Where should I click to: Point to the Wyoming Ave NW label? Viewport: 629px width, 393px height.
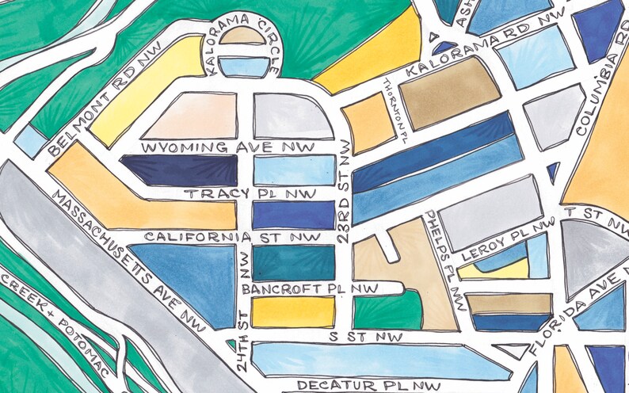[226, 148]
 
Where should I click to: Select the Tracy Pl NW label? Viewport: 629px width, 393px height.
[250, 193]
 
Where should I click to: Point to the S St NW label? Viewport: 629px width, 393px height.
[365, 338]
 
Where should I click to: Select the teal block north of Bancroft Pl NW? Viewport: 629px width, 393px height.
[293, 261]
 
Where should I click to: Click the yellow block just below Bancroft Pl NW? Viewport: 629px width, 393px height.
[293, 311]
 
